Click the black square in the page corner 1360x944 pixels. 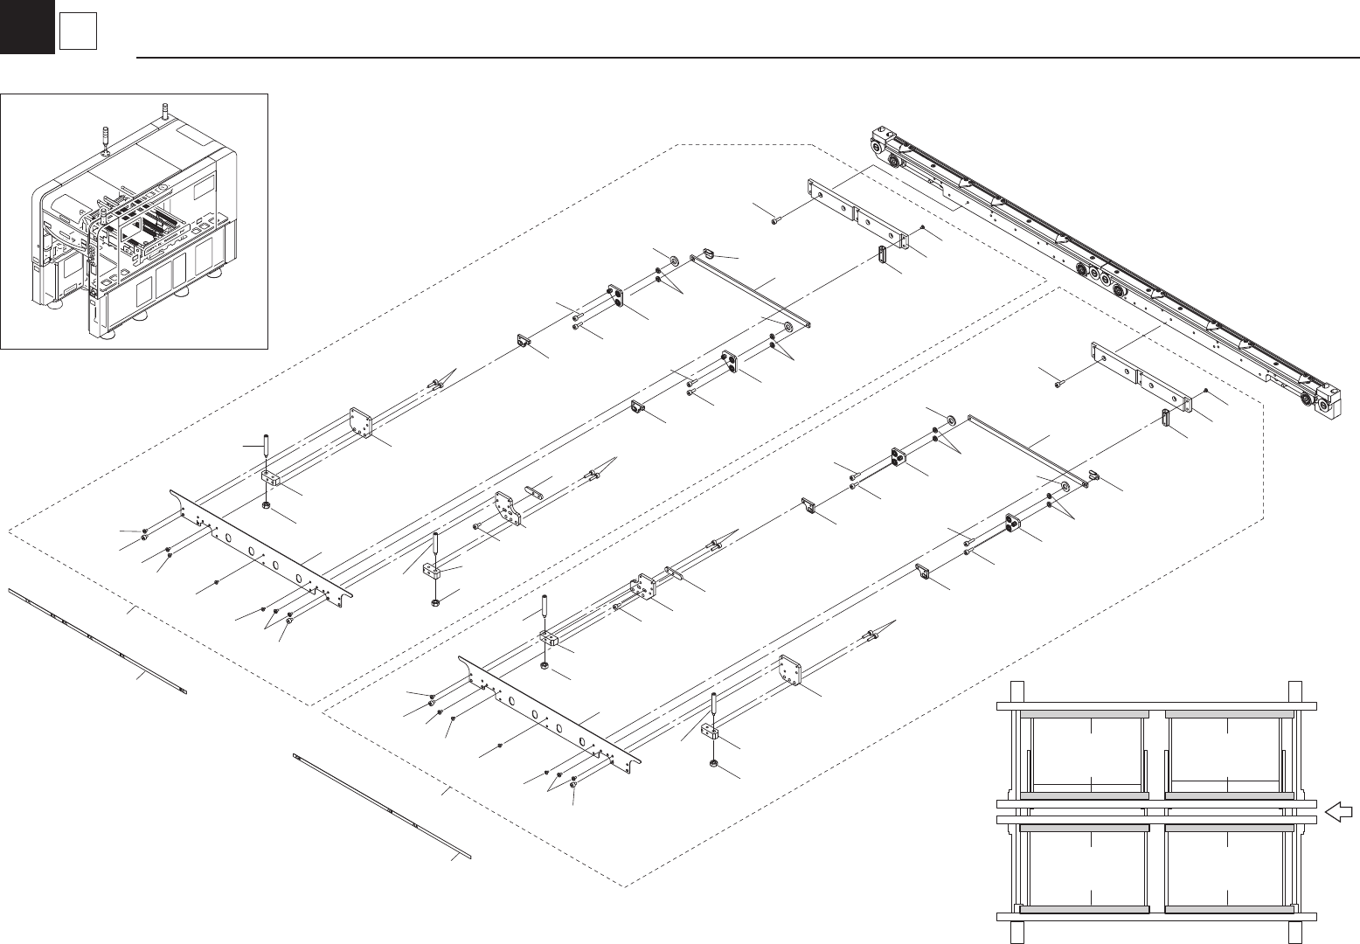[26, 26]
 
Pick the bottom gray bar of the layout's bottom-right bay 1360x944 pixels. [1229, 909]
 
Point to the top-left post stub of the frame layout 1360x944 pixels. [1016, 690]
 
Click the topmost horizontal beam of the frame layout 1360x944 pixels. [1156, 702]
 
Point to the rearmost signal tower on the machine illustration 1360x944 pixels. [164, 112]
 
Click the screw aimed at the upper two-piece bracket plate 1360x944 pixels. [775, 222]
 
